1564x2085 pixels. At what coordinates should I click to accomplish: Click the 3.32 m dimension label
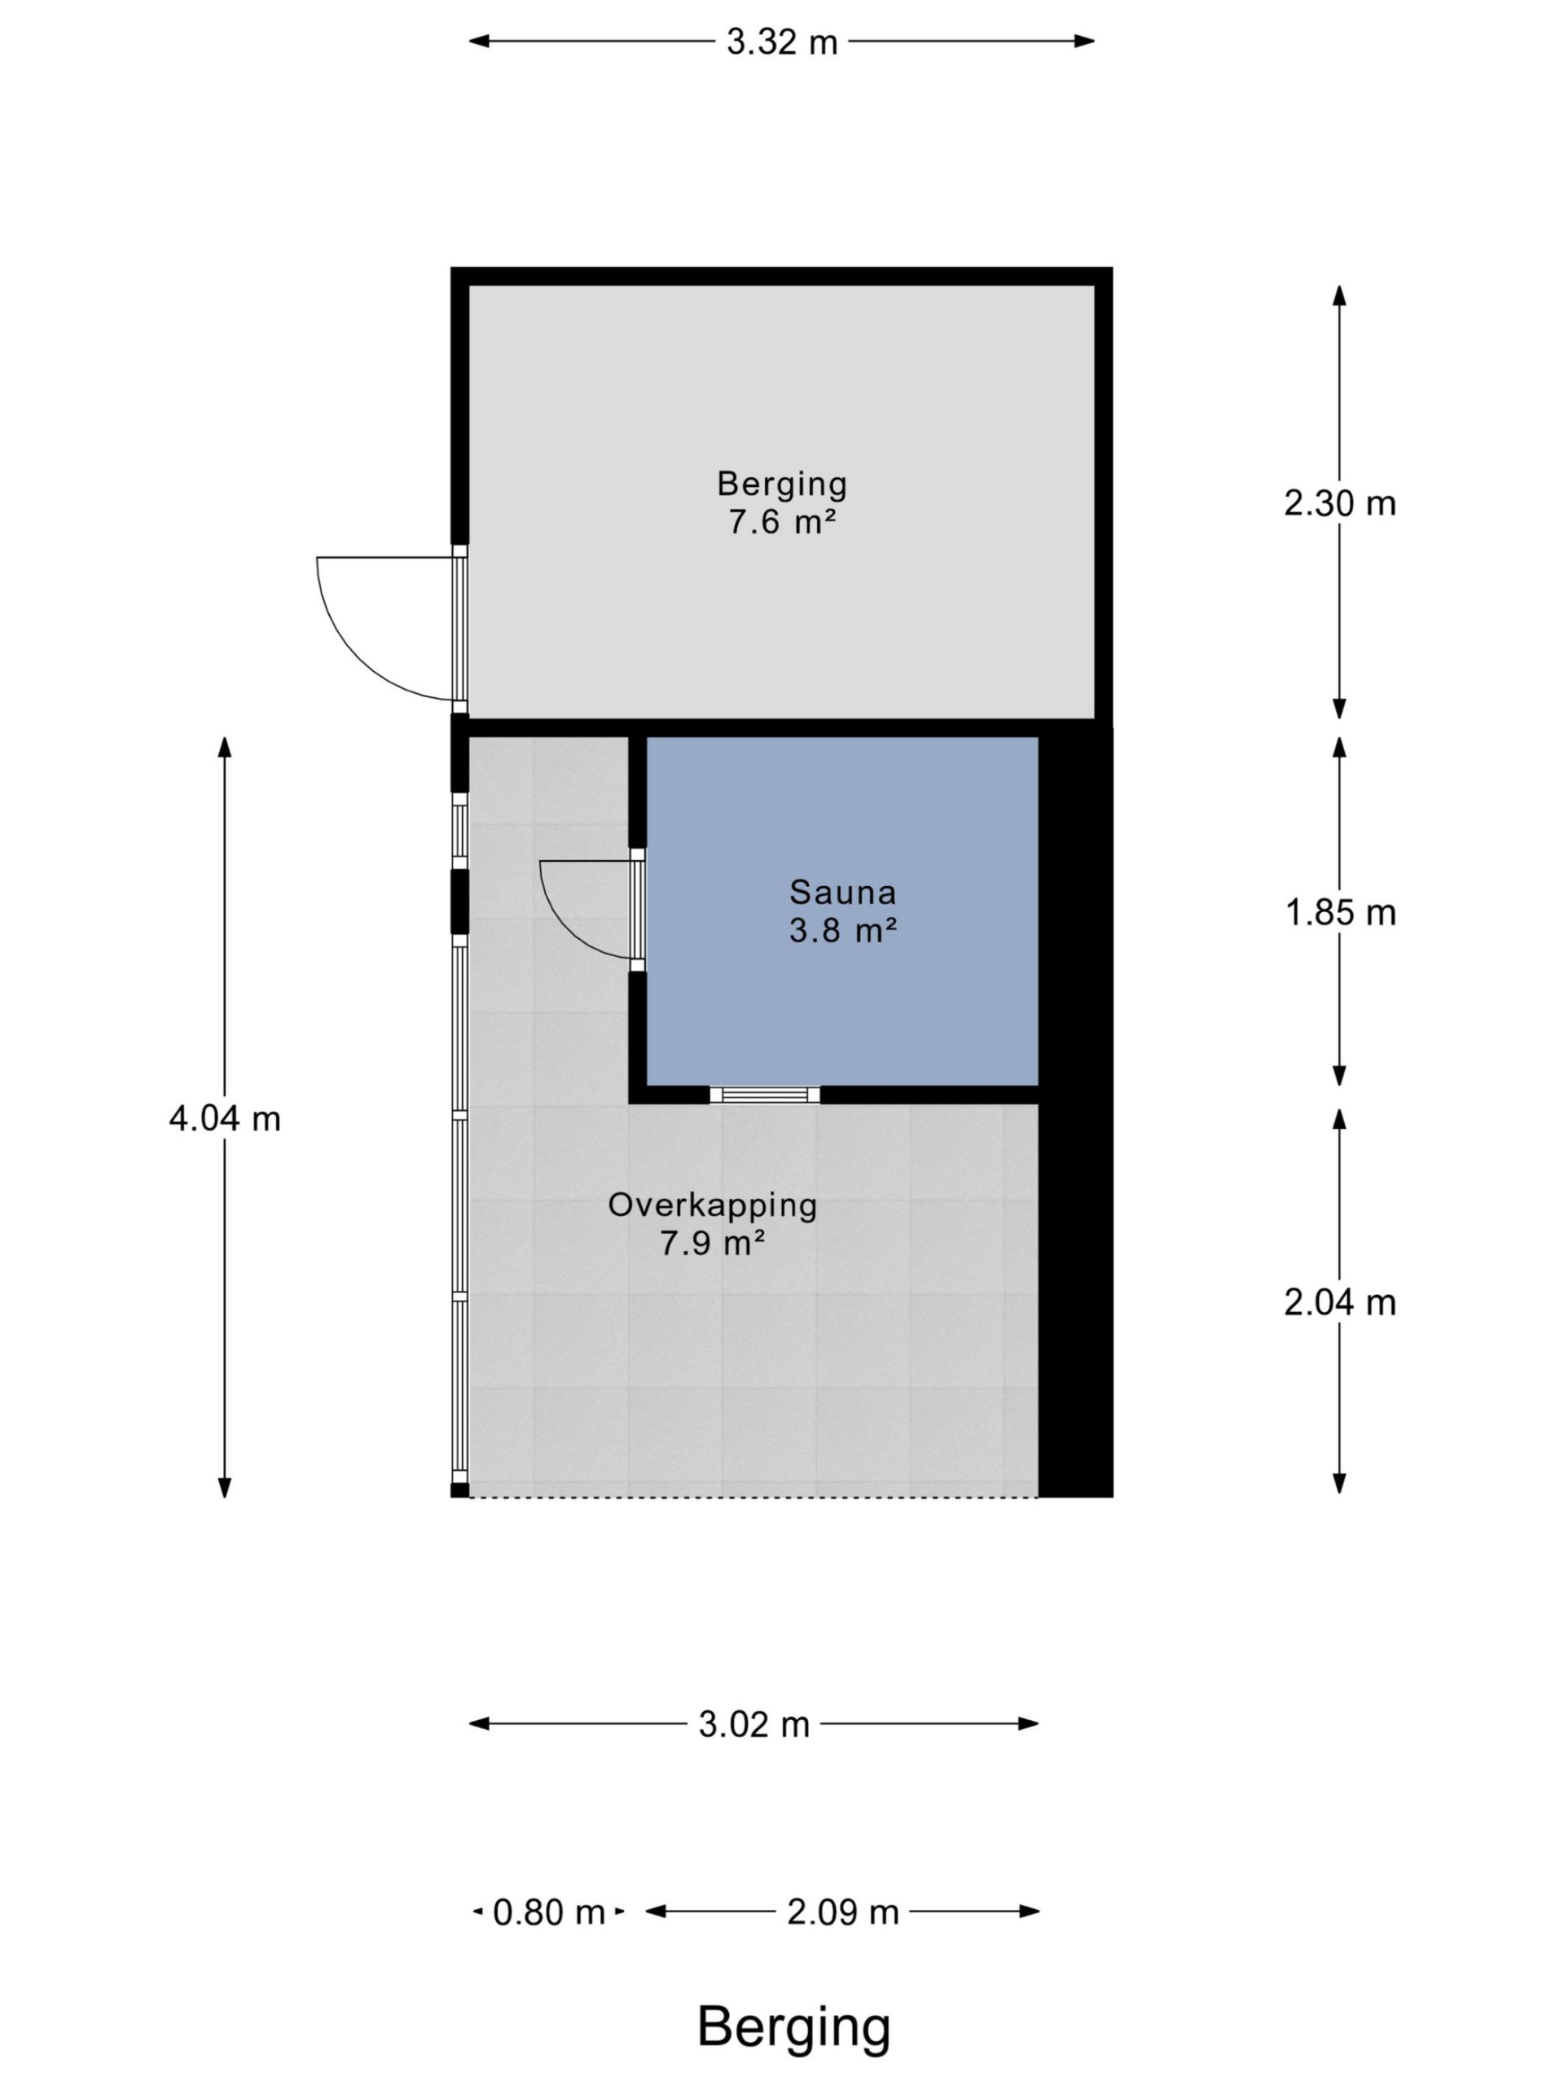(781, 42)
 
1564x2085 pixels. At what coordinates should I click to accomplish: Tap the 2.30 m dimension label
(1338, 503)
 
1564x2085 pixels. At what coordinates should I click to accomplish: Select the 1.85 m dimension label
(1340, 912)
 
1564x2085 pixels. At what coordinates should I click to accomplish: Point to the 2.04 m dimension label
(1338, 1301)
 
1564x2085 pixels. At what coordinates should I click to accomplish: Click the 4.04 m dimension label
(224, 1119)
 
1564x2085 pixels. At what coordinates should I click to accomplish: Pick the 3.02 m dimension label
(753, 1724)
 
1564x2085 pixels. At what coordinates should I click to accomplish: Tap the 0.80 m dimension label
(549, 1912)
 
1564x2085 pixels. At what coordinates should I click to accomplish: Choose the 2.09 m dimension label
(843, 1912)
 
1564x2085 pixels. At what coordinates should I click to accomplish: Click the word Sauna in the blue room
(841, 892)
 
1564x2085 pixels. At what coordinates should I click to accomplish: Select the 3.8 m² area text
(841, 931)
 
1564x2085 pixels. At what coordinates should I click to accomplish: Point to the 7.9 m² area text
(712, 1244)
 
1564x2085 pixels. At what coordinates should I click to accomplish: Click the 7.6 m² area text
(781, 522)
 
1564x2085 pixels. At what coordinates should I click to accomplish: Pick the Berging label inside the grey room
(781, 485)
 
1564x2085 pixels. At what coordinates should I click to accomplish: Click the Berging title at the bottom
(793, 2026)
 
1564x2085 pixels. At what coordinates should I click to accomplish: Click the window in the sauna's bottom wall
(765, 1095)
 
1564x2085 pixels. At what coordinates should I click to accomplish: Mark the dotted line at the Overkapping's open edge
(753, 1497)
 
